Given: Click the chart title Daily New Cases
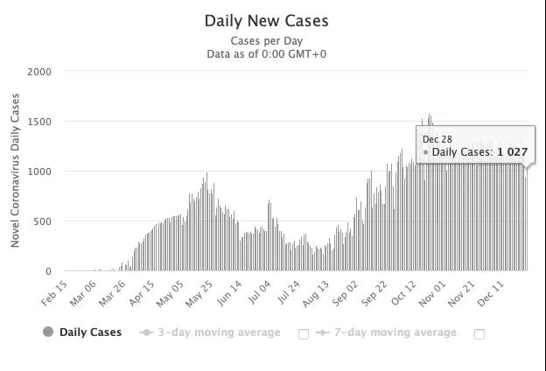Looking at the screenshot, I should pos(267,20).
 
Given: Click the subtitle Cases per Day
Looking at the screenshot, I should pos(266,41).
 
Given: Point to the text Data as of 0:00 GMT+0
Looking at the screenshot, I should pos(267,54).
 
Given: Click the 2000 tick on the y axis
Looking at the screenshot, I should pos(39,72).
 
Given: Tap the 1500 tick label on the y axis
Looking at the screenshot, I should pos(39,122).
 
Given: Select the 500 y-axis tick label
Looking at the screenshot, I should pos(42,221).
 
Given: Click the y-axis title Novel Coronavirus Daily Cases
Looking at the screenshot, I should pos(16,171).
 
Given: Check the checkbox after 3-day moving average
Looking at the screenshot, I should pos(304,333).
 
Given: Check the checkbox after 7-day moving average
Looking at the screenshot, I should pos(479,333).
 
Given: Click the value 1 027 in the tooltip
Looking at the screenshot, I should pos(513,152).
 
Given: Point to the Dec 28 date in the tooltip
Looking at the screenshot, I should pos(437,139).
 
